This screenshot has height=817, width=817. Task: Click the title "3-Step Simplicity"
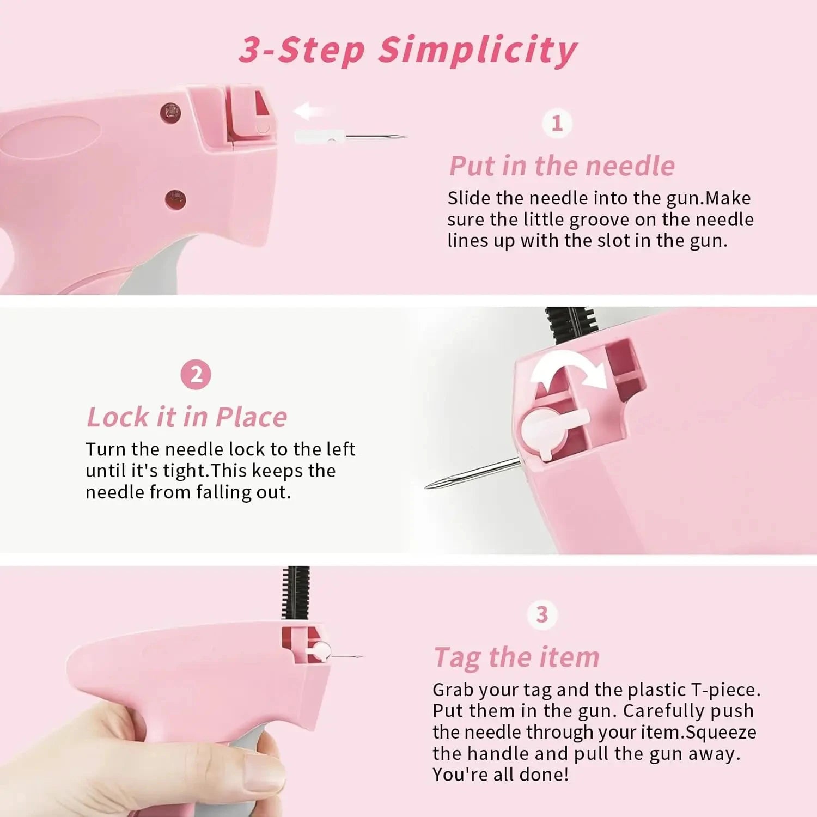(408, 50)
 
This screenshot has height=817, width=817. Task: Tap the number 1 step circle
(557, 123)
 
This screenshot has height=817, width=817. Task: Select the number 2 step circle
(196, 375)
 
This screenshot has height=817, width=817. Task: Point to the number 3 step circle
(542, 614)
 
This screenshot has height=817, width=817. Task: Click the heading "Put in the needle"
(562, 166)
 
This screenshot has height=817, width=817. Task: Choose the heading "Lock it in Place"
(187, 417)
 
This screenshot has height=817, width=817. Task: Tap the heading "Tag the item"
(516, 657)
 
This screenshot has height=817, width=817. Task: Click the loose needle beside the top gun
(350, 137)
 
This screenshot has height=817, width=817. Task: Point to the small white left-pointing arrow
(309, 111)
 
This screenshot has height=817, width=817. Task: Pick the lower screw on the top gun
(175, 200)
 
